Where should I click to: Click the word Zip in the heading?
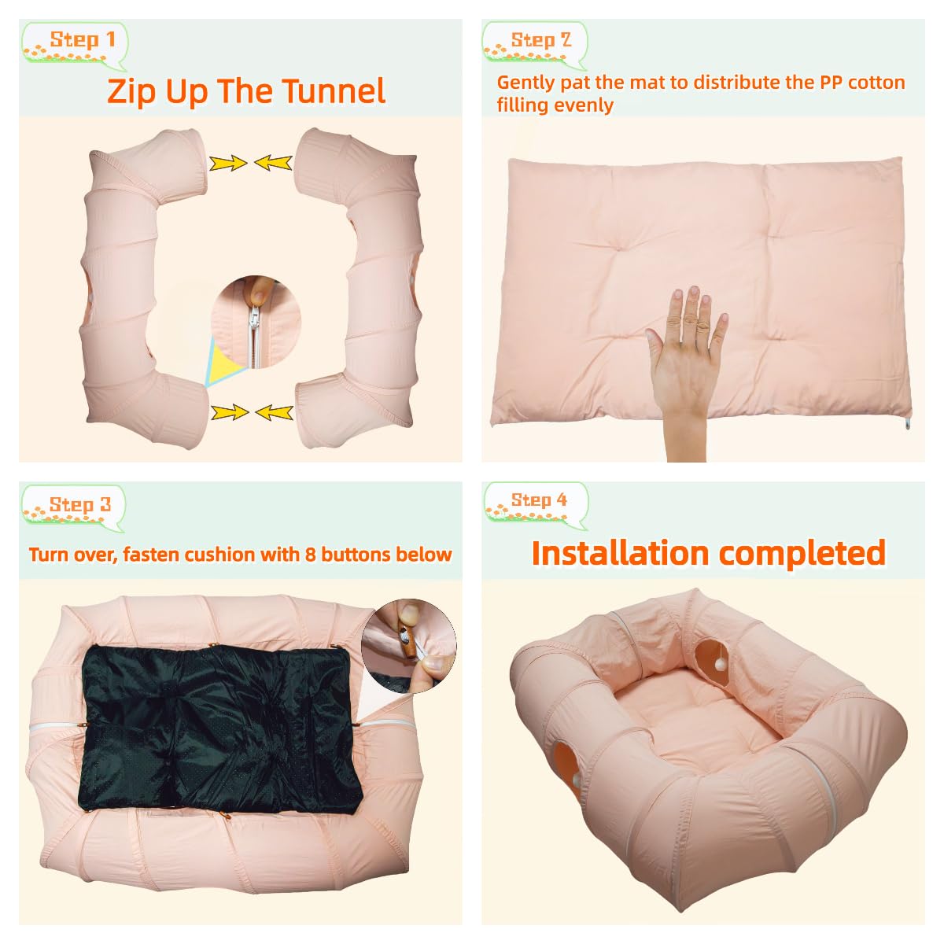point(132,91)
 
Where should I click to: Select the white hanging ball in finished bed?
point(717,666)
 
